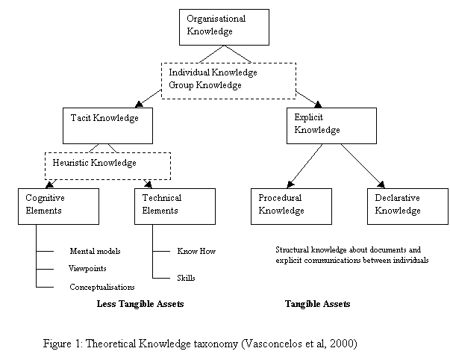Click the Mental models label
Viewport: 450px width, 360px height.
[x=95, y=251]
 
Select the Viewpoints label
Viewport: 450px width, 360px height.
[x=87, y=268]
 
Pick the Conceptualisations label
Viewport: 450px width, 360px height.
[x=102, y=287]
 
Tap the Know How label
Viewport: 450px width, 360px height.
[x=196, y=251]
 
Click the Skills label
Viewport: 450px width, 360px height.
[x=186, y=278]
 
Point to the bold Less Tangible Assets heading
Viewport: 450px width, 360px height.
[x=140, y=304]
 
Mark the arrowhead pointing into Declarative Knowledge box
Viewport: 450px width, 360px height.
[x=381, y=184]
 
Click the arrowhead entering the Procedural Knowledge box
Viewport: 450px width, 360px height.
[x=290, y=184]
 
